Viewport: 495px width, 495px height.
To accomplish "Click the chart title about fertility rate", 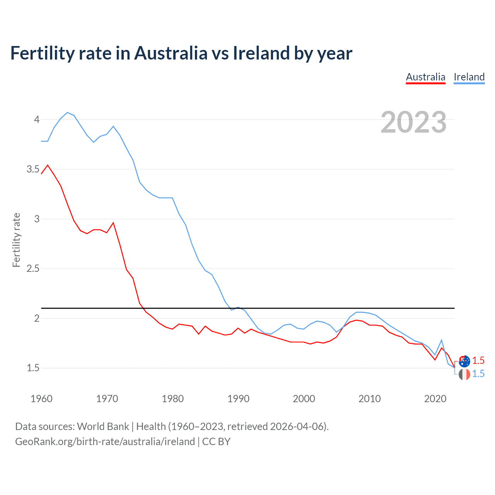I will pyautogui.click(x=181, y=53).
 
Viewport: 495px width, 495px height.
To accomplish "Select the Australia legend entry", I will pyautogui.click(x=425, y=77).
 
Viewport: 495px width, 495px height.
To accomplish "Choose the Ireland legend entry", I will pyautogui.click(x=469, y=77).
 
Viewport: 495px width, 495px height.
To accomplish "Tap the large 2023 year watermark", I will pyautogui.click(x=413, y=122).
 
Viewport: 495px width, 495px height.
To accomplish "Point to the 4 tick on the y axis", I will pyautogui.click(x=37, y=119).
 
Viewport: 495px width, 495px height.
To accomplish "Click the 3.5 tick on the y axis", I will pyautogui.click(x=33, y=169).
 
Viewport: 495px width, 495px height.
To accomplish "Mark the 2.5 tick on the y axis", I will pyautogui.click(x=33, y=268).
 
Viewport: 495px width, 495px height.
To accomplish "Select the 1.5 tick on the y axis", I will pyautogui.click(x=33, y=368).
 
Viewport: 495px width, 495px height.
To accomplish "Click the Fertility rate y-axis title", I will pyautogui.click(x=16, y=240).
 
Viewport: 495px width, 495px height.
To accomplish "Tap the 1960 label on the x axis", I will pyautogui.click(x=41, y=399).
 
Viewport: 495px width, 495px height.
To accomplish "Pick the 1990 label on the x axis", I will pyautogui.click(x=238, y=399).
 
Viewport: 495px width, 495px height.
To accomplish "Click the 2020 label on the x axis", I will pyautogui.click(x=435, y=399).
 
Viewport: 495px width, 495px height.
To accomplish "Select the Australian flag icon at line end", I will pyautogui.click(x=464, y=361).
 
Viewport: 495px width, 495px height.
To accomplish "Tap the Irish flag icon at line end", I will pyautogui.click(x=464, y=374).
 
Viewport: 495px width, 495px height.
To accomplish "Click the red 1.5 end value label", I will pyautogui.click(x=478, y=360).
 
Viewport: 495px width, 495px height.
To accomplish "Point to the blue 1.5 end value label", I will pyautogui.click(x=478, y=374).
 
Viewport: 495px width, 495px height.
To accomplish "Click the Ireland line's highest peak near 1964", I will pyautogui.click(x=67, y=113).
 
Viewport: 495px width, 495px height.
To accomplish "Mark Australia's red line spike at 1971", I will pyautogui.click(x=113, y=223).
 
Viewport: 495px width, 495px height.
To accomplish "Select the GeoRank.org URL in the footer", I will pyautogui.click(x=105, y=441).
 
